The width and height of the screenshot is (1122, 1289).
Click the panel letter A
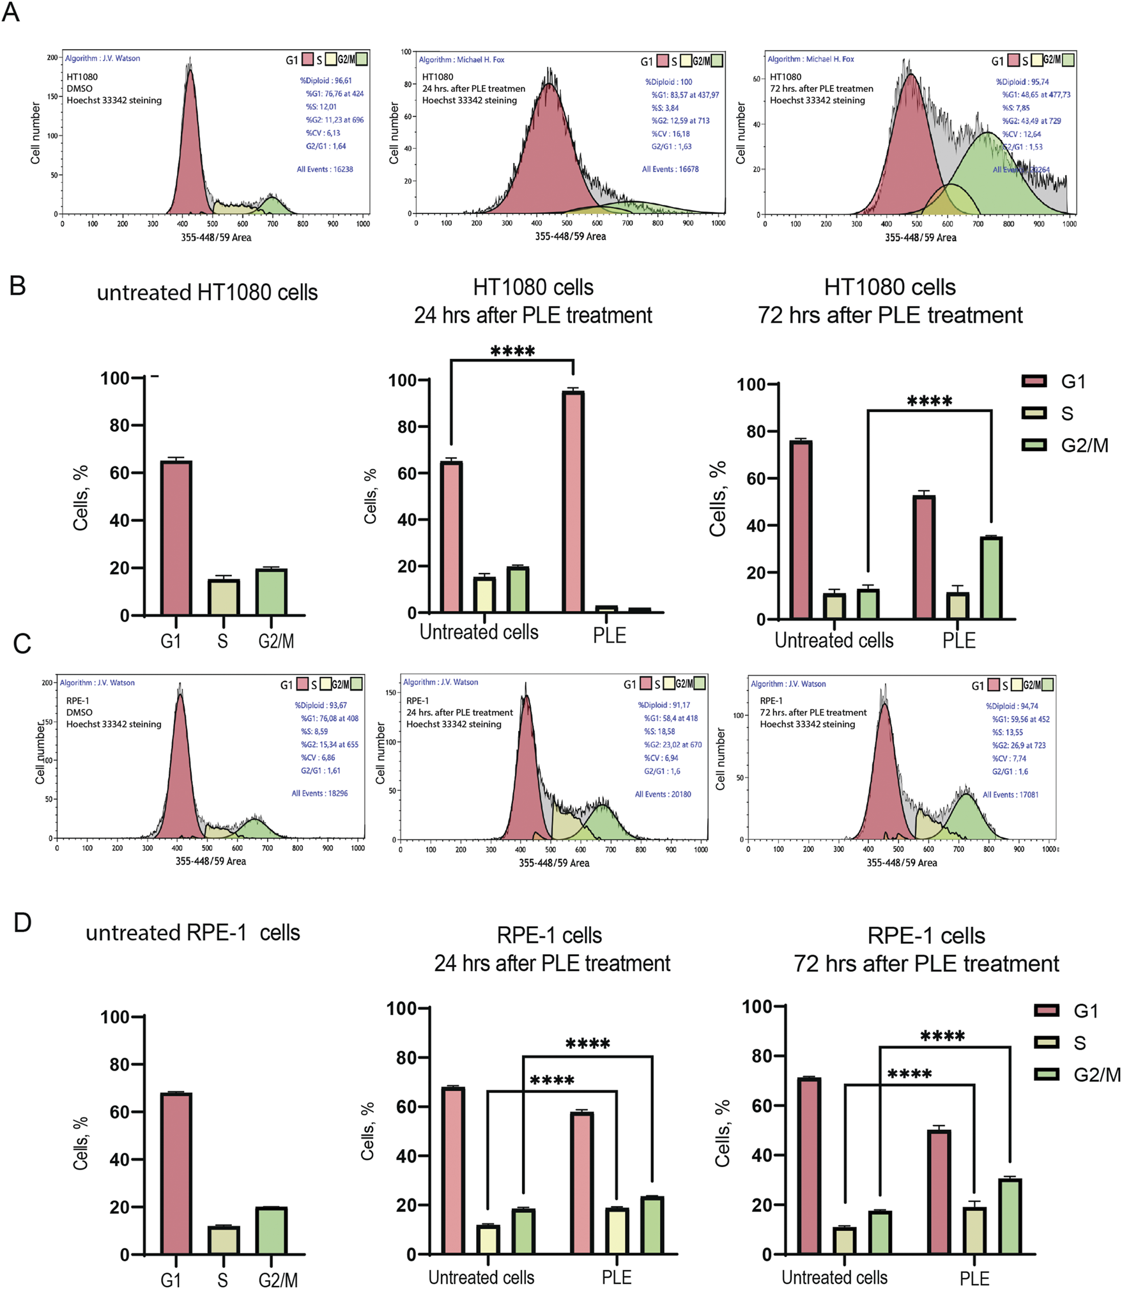click(x=11, y=11)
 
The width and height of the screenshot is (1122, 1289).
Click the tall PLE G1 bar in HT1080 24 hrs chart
click(x=573, y=502)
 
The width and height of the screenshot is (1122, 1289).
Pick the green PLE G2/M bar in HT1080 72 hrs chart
click(x=991, y=577)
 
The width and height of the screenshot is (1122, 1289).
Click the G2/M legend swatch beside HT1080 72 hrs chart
click(x=1034, y=445)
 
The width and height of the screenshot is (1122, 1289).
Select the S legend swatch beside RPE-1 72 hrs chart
click(x=1047, y=1042)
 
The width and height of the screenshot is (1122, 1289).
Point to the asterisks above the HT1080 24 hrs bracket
click(x=512, y=351)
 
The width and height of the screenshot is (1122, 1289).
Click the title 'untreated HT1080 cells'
click(x=207, y=293)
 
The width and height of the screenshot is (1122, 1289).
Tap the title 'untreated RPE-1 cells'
click(x=193, y=933)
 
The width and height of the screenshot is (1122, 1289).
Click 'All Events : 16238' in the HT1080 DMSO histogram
click(x=325, y=169)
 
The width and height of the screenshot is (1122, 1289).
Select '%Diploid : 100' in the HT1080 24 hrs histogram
click(x=668, y=82)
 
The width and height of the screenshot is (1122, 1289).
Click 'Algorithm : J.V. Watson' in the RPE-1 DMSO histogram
click(x=97, y=683)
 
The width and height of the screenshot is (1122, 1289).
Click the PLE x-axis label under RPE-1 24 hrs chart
click(x=617, y=1277)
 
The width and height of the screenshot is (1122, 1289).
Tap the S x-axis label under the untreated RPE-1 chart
click(x=222, y=1279)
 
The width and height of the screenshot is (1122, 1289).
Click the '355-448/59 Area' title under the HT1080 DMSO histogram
click(x=216, y=238)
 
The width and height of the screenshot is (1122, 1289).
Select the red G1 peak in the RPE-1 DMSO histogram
click(x=180, y=767)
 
